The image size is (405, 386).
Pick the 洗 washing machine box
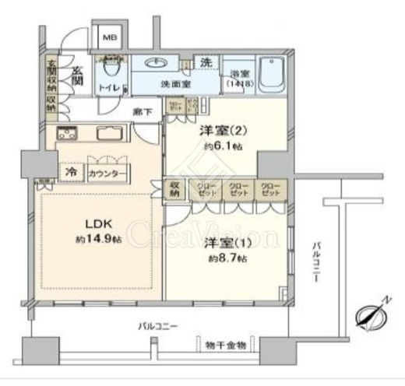tap(206, 62)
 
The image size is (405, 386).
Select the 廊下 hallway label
tap(141, 111)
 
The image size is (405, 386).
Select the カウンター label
tap(103, 173)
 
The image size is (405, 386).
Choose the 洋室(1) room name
tap(221, 244)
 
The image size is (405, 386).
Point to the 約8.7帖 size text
tap(223, 259)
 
